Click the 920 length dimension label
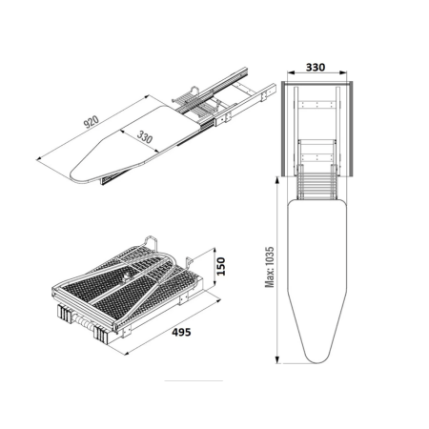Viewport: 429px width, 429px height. pyautogui.click(x=92, y=121)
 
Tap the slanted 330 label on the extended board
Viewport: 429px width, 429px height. pyautogui.click(x=145, y=136)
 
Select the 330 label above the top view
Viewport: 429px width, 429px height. pyautogui.click(x=316, y=68)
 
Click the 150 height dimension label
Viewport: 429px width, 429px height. pyautogui.click(x=220, y=266)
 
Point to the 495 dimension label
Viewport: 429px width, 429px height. pyautogui.click(x=181, y=332)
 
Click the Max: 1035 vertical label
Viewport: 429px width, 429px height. pyautogui.click(x=270, y=267)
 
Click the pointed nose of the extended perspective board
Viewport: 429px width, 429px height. pyautogui.click(x=72, y=176)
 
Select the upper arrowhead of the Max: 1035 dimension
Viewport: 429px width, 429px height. pyautogui.click(x=277, y=181)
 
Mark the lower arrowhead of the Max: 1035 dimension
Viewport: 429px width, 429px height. pyautogui.click(x=277, y=359)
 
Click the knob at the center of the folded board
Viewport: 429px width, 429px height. pyautogui.click(x=127, y=277)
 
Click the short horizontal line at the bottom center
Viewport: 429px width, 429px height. pyautogui.click(x=194, y=380)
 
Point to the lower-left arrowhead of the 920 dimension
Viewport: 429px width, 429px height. pyautogui.click(x=40, y=159)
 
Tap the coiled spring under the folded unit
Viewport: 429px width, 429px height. pyautogui.click(x=83, y=322)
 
